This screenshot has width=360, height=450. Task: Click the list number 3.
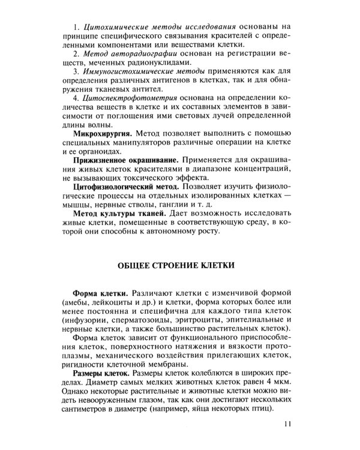pyautogui.click(x=76, y=71)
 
